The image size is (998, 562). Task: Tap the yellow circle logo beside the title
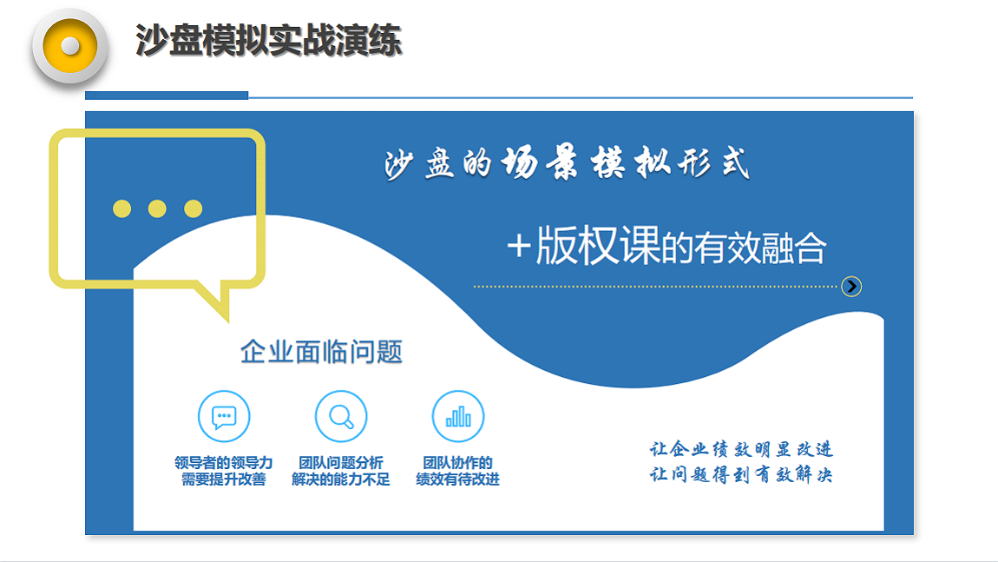pos(69,46)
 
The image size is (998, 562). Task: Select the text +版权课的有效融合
pos(666,247)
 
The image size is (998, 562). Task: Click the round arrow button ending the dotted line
pos(851,286)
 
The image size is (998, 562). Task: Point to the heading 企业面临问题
pos(321,352)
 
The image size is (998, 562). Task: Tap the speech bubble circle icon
pos(224,417)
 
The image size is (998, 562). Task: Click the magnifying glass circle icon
pos(341,417)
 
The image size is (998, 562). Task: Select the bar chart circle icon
pos(458,417)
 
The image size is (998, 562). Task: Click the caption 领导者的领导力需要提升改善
pos(224,471)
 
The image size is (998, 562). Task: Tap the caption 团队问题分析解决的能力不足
pos(341,471)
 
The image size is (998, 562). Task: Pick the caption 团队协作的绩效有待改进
pos(458,471)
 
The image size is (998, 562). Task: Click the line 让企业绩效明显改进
pos(741,449)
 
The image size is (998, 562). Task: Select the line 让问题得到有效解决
pos(741,475)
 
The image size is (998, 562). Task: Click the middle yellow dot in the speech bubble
pos(157,208)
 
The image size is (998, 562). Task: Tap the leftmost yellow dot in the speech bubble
pos(121,208)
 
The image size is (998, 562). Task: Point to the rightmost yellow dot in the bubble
pos(194,208)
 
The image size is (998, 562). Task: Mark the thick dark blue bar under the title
pos(167,96)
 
